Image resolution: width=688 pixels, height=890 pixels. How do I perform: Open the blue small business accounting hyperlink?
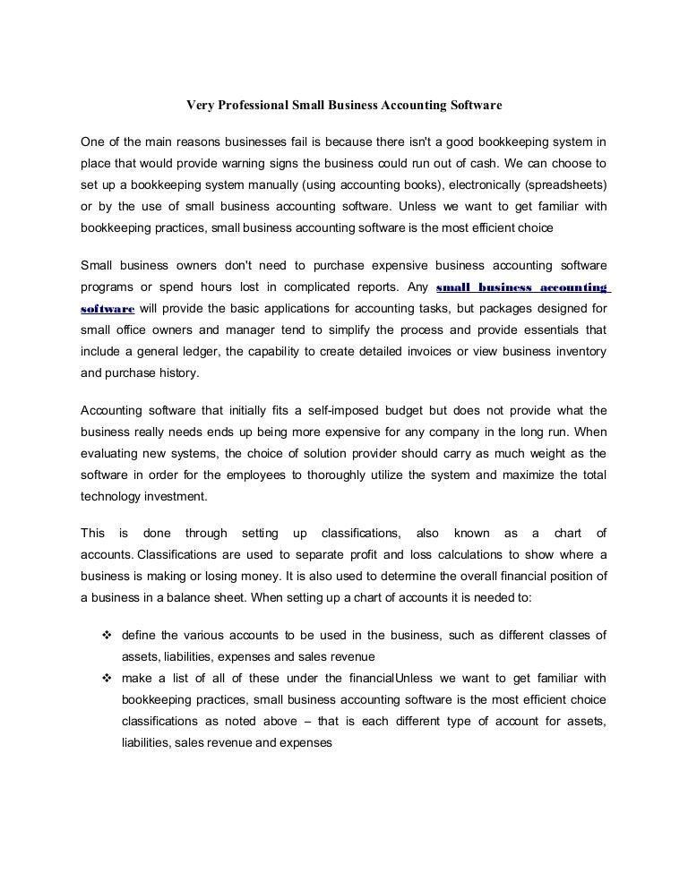point(520,287)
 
